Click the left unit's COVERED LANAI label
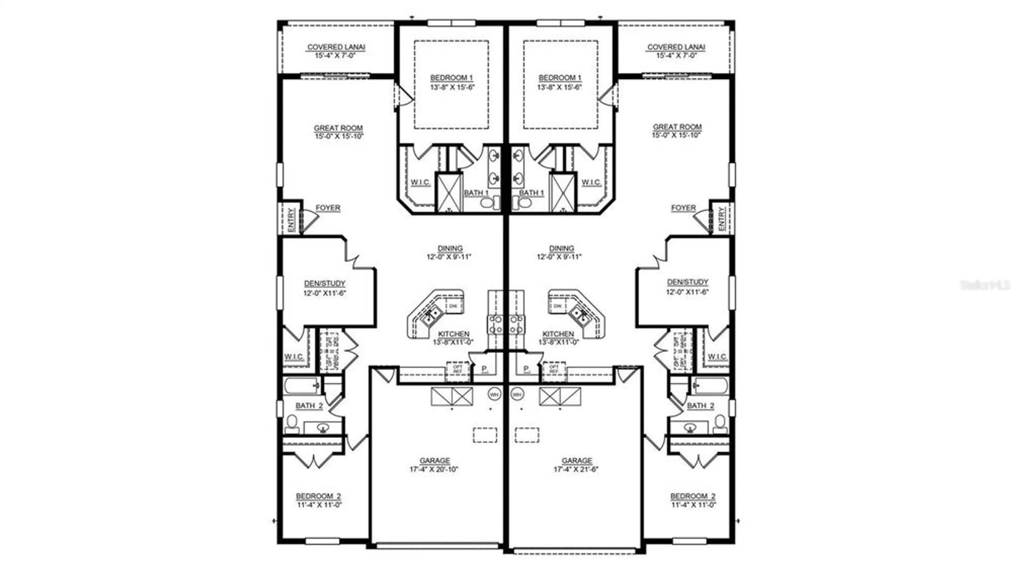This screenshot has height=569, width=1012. tap(336, 47)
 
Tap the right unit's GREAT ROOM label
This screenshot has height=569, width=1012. tap(677, 127)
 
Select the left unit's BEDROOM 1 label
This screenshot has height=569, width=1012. tap(451, 78)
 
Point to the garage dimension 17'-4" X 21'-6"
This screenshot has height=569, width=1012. tap(576, 469)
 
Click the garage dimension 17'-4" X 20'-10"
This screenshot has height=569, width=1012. tap(434, 469)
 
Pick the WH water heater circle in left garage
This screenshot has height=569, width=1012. tap(494, 394)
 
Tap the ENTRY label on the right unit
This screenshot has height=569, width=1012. tap(721, 219)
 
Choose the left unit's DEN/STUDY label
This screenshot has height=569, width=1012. tap(324, 283)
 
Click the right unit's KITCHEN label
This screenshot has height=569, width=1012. tap(558, 334)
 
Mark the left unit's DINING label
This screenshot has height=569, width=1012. tap(450, 249)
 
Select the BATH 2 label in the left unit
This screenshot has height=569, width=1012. tap(309, 405)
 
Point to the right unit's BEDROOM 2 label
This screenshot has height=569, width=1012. tap(693, 496)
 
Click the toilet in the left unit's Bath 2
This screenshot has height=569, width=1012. tap(292, 423)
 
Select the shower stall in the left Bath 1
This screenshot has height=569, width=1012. tap(449, 192)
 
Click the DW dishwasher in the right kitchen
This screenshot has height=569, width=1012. tap(557, 306)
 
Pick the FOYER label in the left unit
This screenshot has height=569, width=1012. tap(328, 208)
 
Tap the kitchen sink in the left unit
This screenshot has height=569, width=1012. tap(431, 315)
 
